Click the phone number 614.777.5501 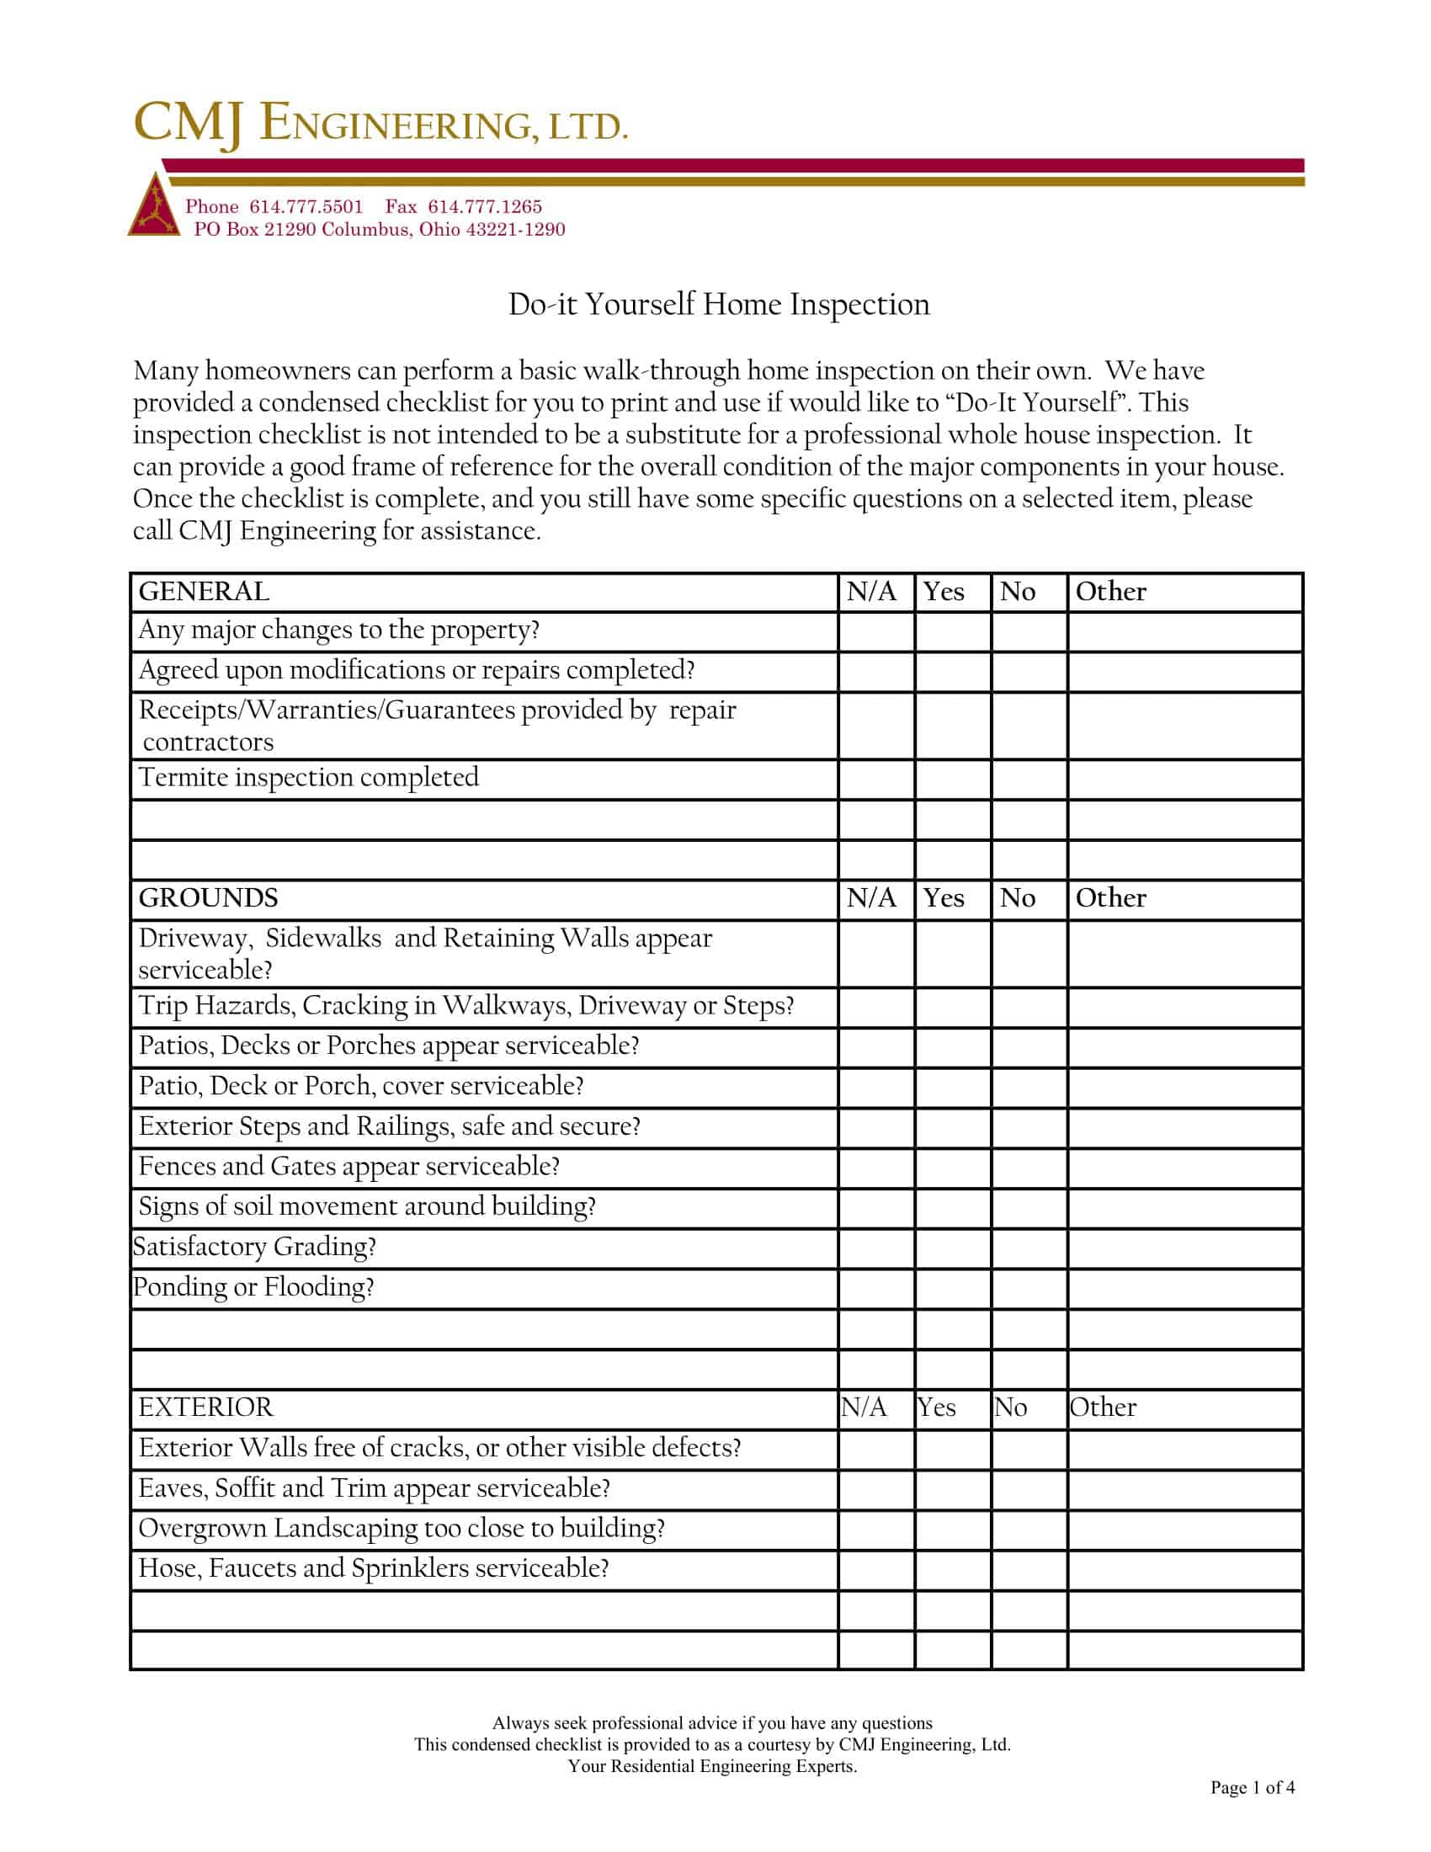306,207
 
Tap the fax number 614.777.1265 484,207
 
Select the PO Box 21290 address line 379,230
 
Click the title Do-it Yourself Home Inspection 719,305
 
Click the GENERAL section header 205,592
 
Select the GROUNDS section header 209,898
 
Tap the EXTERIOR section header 206,1408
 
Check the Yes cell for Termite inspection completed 953,779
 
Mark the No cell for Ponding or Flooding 1029,1289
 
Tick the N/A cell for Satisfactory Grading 876,1248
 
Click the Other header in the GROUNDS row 1110,898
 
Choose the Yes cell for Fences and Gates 953,1168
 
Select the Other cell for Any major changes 1184,631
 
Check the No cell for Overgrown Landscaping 1029,1530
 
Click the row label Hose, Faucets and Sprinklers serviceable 374,1569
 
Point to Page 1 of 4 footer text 1253,1788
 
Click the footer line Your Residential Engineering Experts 712,1766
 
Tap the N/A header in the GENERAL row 871,592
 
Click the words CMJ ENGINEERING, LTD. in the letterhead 380,124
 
